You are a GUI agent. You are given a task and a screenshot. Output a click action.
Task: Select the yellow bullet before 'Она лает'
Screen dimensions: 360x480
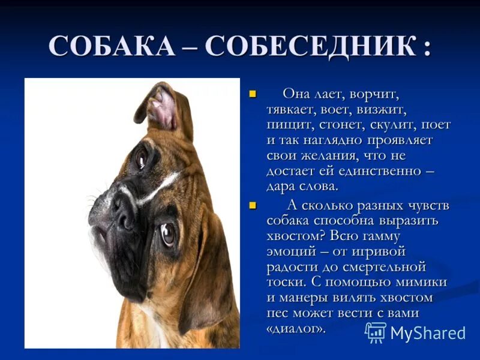(253, 94)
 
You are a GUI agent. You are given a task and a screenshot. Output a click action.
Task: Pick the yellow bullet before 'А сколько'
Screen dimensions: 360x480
(253, 205)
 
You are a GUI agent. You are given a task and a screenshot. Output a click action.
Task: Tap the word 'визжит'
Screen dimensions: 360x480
(382, 110)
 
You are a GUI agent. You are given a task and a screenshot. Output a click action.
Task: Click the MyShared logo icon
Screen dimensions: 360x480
(376, 332)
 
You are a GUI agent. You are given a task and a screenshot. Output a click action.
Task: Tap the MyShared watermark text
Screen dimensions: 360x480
(428, 333)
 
